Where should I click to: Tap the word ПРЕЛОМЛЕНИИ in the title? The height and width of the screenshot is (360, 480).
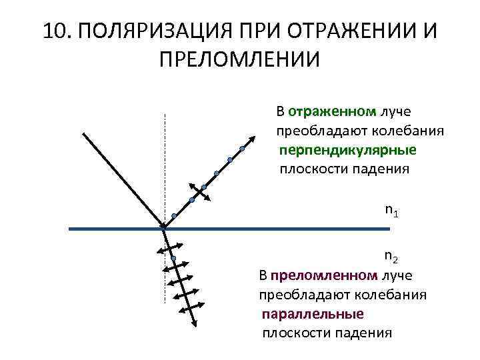click(x=240, y=59)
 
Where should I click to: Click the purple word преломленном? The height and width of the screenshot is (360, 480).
click(x=323, y=275)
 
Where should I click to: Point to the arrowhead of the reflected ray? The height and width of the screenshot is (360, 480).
click(x=254, y=137)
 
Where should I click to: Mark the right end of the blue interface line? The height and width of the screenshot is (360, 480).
click(x=389, y=229)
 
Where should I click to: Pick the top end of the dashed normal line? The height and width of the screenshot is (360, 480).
click(x=165, y=114)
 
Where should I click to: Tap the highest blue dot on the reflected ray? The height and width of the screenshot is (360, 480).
click(x=242, y=149)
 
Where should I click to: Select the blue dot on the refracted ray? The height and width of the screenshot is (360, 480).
click(x=173, y=258)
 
